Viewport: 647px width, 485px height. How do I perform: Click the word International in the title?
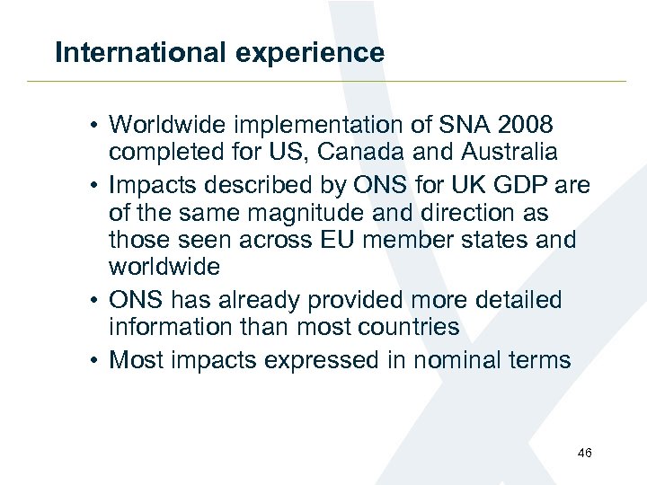point(137,52)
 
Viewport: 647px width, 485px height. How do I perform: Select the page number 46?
point(585,453)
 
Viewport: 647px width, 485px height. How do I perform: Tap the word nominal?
point(457,360)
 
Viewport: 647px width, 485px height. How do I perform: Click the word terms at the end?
point(537,360)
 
